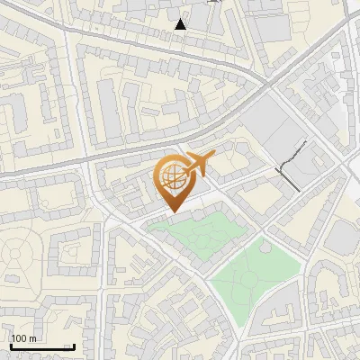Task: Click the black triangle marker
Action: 182,24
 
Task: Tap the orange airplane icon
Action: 199,163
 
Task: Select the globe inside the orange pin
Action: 171,176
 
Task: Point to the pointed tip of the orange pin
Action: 171,211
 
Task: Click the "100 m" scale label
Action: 23,338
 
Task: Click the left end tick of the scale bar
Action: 10,346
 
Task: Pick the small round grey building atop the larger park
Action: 265,244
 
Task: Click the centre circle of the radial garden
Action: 20,253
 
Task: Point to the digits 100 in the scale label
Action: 20,338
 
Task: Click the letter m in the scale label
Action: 33,338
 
